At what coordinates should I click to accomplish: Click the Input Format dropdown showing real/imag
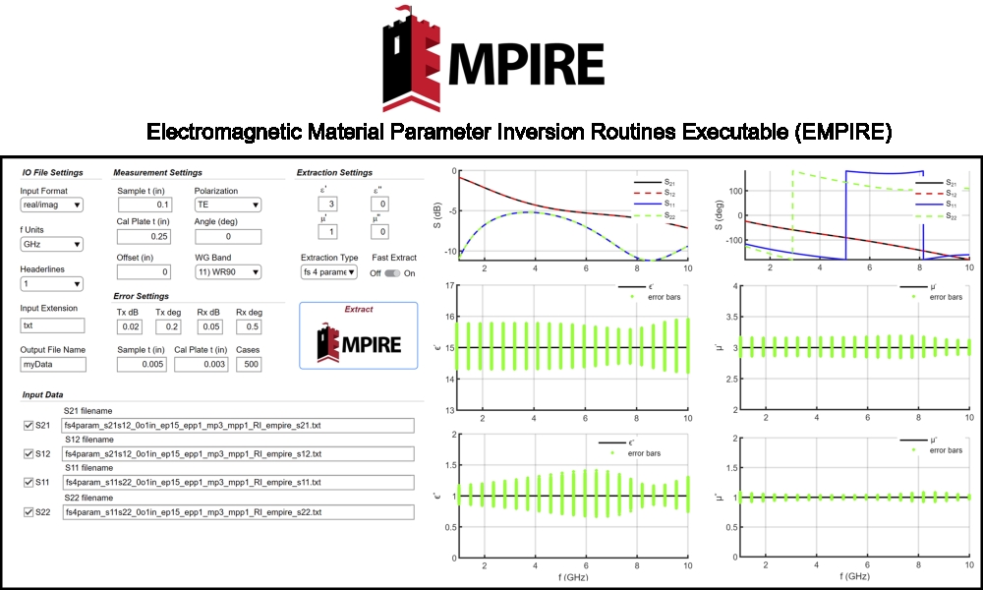(x=51, y=205)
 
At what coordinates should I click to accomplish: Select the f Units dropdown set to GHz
(x=51, y=244)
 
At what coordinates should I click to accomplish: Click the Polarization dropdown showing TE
(x=228, y=205)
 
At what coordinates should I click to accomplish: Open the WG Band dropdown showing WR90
(x=228, y=272)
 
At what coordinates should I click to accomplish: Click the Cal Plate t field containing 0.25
(x=145, y=236)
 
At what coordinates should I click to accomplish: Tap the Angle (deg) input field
(x=228, y=236)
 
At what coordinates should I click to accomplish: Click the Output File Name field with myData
(x=53, y=364)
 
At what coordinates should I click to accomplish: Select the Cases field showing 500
(x=249, y=364)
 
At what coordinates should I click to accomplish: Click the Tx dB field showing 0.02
(x=130, y=326)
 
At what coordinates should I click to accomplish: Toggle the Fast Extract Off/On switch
(x=392, y=273)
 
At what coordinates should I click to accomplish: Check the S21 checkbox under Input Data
(x=29, y=425)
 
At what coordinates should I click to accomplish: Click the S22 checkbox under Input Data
(x=29, y=511)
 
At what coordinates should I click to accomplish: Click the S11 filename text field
(x=238, y=482)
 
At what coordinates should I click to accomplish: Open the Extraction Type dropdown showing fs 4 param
(x=329, y=272)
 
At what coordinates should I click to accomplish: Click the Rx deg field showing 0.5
(x=249, y=326)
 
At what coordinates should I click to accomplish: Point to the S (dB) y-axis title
(x=437, y=215)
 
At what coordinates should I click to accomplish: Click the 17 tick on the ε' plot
(x=449, y=286)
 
